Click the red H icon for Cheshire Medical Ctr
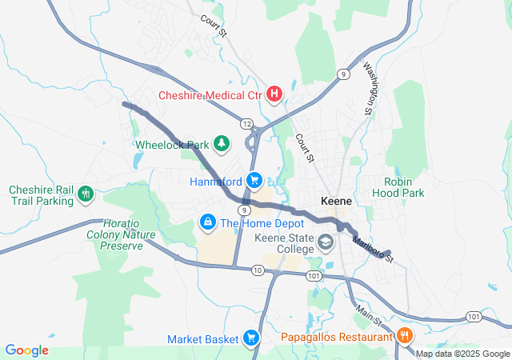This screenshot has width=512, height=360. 274,95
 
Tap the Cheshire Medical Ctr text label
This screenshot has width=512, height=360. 210,95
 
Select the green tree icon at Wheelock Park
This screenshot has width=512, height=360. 221,145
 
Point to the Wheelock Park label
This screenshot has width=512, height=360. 171,145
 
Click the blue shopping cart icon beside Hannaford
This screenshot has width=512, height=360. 254,180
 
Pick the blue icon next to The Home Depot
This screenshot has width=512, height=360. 206,221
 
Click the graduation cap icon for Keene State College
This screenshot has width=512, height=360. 326,241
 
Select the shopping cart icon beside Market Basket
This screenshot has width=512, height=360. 251,338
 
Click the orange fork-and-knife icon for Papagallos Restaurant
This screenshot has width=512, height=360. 405,335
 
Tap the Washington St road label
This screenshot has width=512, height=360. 369,87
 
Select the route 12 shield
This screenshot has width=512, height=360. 246,123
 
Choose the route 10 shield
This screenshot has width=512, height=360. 257,270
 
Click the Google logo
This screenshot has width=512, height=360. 26,350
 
